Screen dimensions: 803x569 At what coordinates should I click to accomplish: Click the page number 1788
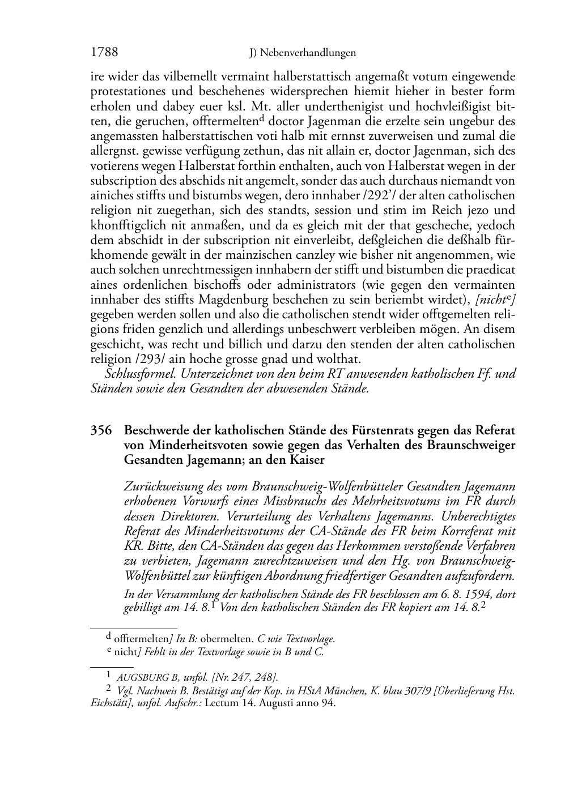point(104,53)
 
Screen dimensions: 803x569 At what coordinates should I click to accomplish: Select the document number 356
point(101,431)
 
